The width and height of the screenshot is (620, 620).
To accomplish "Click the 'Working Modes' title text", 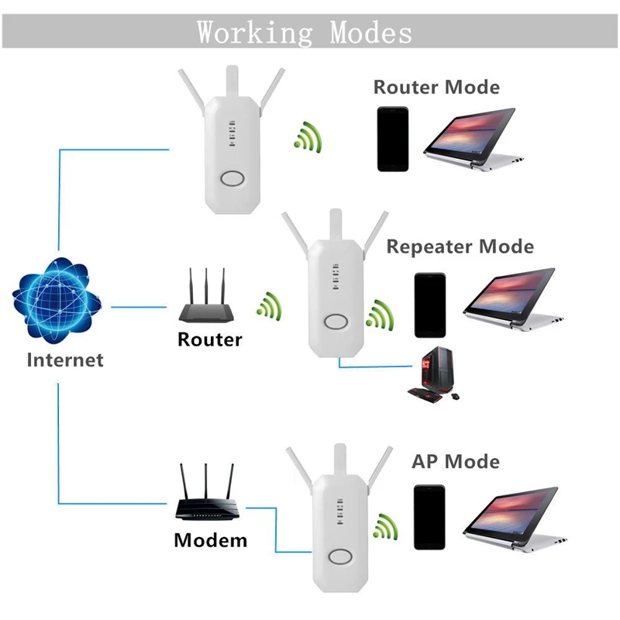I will [x=304, y=33].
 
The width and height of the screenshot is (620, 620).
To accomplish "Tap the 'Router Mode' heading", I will [x=436, y=87].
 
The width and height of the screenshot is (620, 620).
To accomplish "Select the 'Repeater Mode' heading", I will [x=460, y=246].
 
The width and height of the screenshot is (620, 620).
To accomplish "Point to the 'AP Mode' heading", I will [x=455, y=462].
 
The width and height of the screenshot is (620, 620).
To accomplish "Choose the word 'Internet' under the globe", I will [x=64, y=360].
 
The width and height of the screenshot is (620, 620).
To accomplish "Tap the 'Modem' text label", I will [x=210, y=540].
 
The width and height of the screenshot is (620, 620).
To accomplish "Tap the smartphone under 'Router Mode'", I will [x=392, y=139].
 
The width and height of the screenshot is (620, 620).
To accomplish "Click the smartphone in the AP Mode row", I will [x=429, y=517].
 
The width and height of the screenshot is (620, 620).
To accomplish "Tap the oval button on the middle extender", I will [x=336, y=323].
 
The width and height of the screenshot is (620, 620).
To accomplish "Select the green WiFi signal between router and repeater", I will [x=270, y=306].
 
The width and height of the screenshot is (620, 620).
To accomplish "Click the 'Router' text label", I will [x=209, y=339].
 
